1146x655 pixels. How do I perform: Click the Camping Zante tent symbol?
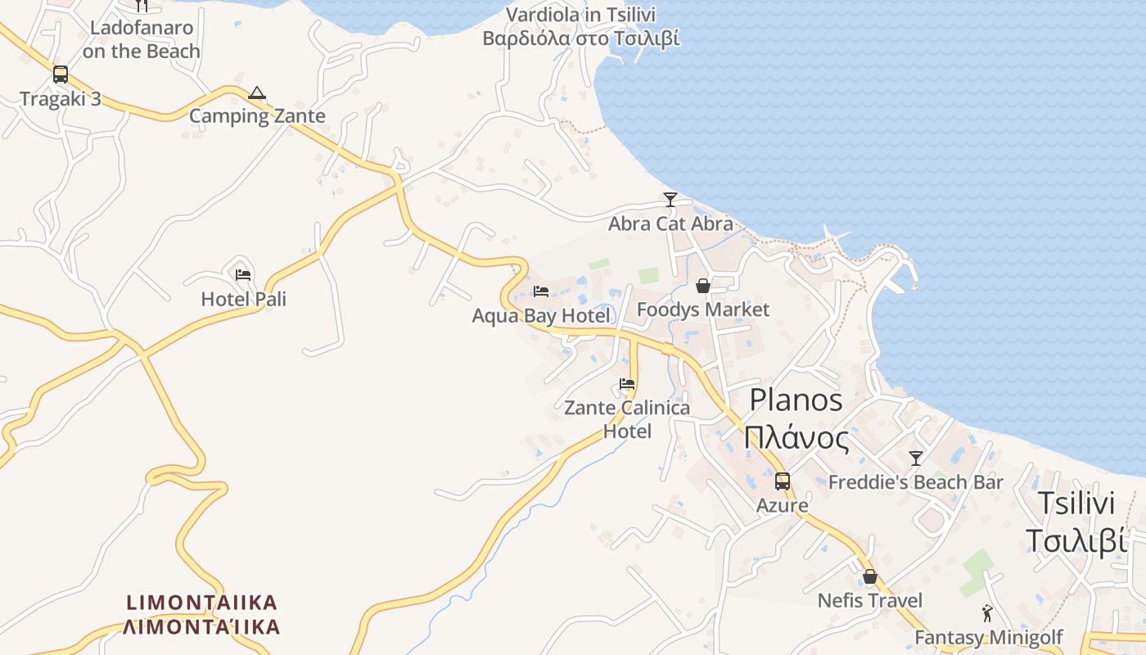(257, 93)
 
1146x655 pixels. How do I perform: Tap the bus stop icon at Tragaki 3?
(61, 75)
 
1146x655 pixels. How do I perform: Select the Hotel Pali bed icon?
(243, 275)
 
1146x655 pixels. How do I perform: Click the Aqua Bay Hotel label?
(541, 316)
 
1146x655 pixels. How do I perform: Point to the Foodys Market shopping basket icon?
(702, 286)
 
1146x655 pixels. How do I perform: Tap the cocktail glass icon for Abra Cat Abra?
(670, 199)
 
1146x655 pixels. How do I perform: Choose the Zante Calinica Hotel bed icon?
(627, 383)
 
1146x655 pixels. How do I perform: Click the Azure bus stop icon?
(783, 481)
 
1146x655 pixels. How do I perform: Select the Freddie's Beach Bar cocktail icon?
(916, 458)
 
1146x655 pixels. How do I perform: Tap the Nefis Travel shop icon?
(869, 577)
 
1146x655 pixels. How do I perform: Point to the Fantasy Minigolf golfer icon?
(987, 613)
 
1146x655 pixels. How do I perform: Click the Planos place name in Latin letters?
(796, 400)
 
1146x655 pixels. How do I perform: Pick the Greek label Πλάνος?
(796, 439)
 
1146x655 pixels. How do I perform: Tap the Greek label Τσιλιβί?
(1076, 541)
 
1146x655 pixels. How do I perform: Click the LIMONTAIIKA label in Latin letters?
(202, 603)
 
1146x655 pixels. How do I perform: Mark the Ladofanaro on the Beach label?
(141, 39)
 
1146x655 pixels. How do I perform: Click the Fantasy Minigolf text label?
(988, 638)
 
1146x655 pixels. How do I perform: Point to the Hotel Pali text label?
(244, 300)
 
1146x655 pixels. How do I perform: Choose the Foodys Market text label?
(703, 309)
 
